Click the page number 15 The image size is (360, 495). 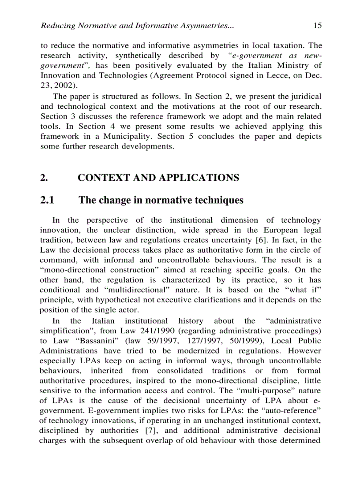(317, 26)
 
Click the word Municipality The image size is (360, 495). (125, 137)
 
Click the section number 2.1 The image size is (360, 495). (47, 200)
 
